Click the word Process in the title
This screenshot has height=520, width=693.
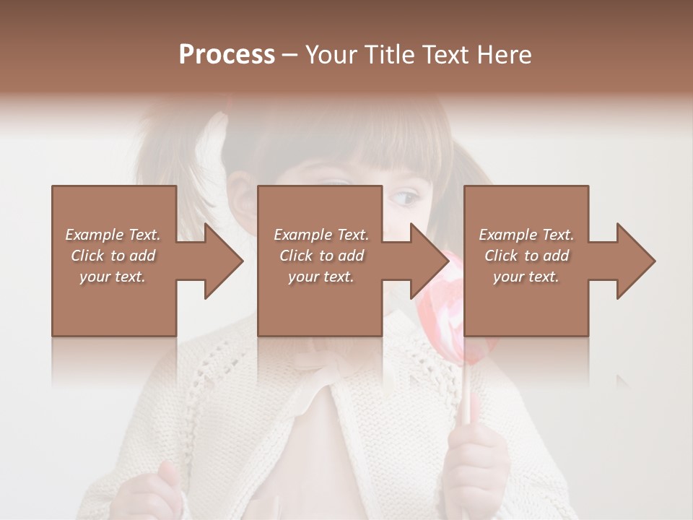(x=227, y=55)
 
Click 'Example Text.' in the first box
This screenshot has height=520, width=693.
(x=113, y=235)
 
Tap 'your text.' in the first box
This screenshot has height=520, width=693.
(x=113, y=277)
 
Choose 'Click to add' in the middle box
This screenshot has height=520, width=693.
(x=321, y=256)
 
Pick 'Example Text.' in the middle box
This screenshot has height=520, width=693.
(x=321, y=235)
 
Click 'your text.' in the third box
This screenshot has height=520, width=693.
(x=526, y=277)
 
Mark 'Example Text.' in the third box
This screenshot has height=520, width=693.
(x=526, y=235)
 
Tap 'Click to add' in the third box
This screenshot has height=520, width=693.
(x=526, y=256)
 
